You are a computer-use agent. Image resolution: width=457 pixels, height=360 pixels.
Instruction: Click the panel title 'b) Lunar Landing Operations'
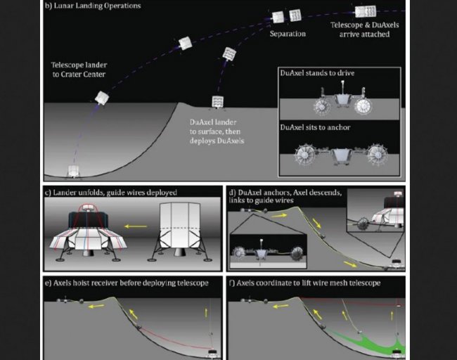coord(93,6)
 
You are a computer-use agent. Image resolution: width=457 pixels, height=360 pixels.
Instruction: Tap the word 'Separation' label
coord(288,34)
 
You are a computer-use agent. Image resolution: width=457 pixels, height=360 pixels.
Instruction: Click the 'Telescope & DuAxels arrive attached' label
coord(365,30)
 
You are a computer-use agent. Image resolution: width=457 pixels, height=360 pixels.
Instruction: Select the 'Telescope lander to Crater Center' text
coord(79,70)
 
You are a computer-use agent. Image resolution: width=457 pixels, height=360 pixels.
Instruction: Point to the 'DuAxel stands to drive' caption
coord(317,73)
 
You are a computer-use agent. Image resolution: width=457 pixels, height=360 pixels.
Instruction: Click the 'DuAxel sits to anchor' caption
coord(315,127)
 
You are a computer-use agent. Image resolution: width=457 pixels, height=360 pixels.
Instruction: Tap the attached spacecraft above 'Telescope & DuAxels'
coord(366,11)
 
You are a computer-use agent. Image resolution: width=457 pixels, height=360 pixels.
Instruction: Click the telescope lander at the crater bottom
coord(73,172)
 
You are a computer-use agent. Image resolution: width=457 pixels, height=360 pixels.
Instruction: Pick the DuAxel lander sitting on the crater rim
coord(217,103)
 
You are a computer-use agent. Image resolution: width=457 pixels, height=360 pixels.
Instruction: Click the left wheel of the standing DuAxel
coord(322,107)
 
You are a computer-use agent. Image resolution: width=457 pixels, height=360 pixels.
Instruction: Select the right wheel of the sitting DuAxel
coord(378,155)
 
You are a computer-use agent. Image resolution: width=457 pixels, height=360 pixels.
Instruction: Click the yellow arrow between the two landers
coord(136,226)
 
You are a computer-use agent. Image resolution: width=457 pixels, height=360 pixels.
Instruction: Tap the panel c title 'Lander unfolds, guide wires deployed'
coord(111,193)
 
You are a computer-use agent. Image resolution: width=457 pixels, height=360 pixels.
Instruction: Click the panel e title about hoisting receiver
coord(127,283)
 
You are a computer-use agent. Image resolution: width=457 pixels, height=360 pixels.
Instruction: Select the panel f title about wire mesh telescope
coord(305,283)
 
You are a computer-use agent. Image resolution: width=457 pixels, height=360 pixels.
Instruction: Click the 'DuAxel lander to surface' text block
coord(217,131)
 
